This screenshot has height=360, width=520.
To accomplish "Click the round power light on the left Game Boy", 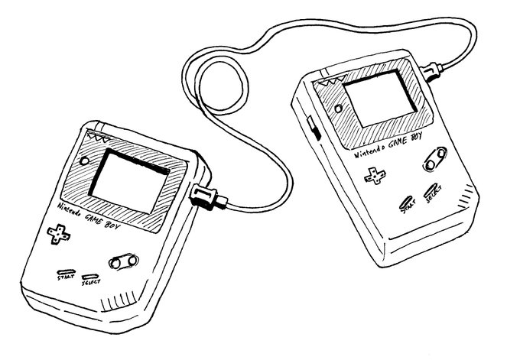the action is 83,163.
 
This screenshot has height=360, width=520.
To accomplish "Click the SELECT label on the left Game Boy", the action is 91,284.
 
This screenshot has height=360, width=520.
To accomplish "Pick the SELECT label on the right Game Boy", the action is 433,197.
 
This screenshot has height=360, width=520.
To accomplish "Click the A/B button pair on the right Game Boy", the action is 434,159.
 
